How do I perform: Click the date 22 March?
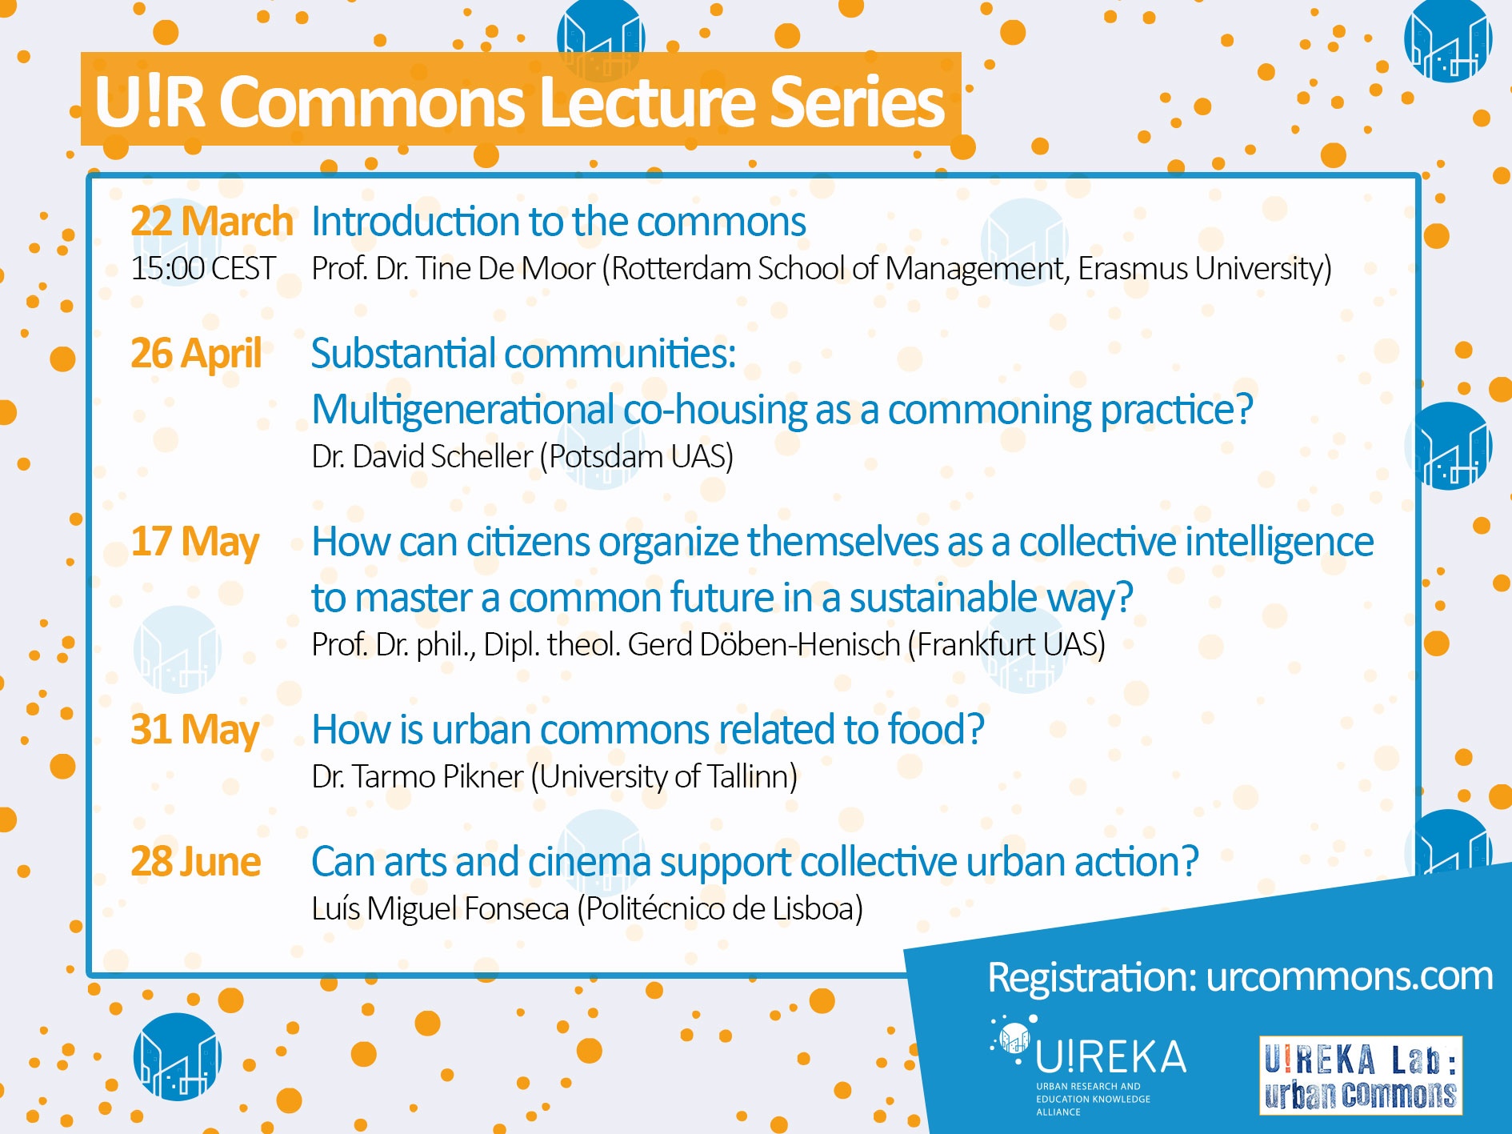[x=212, y=221]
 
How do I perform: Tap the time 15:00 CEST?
[x=203, y=268]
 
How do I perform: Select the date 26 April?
[x=196, y=354]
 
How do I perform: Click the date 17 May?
[x=195, y=543]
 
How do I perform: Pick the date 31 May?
[x=195, y=731]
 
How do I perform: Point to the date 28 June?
[x=196, y=862]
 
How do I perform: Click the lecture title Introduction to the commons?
[x=558, y=221]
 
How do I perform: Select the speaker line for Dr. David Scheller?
[x=522, y=456]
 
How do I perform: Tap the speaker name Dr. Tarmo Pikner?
[x=417, y=776]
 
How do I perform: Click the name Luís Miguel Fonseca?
[x=440, y=908]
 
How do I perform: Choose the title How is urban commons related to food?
[x=648, y=730]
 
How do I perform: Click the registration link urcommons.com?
[x=1350, y=976]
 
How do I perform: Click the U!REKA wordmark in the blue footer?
[x=1110, y=1057]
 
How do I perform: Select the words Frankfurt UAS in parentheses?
[x=1006, y=644]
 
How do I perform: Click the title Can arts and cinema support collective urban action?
[x=755, y=862]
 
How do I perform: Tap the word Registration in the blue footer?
[x=1093, y=977]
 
